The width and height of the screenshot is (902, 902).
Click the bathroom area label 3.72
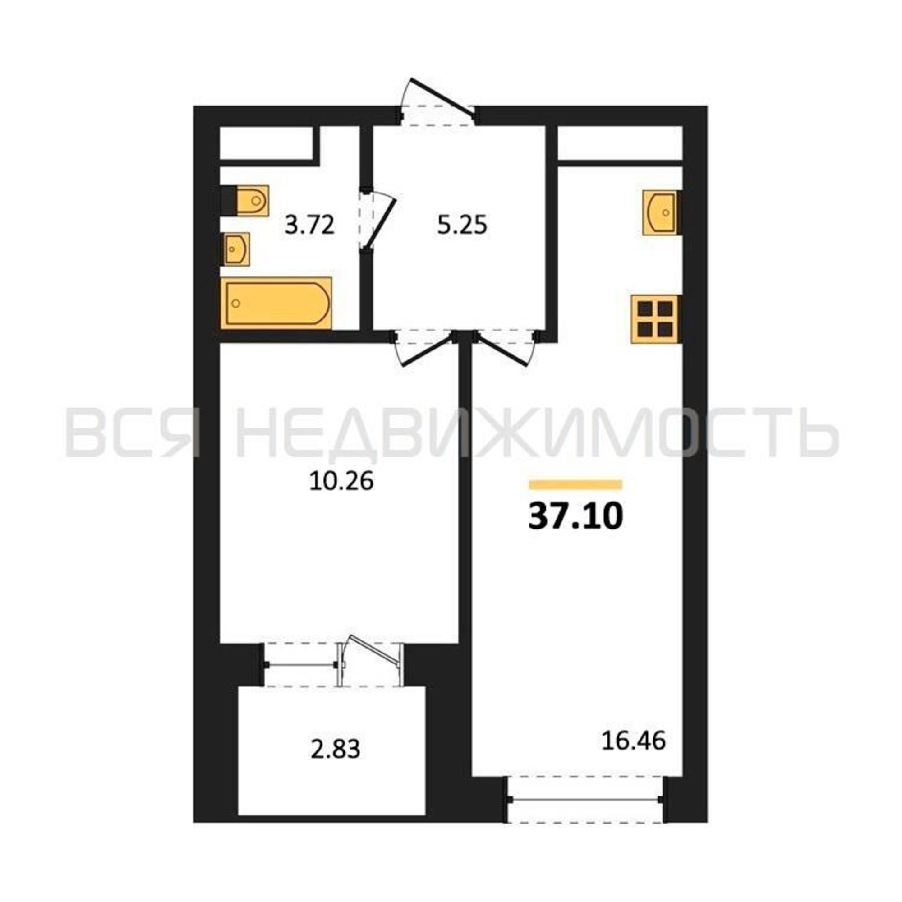tap(310, 225)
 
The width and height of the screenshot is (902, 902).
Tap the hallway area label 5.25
tap(462, 225)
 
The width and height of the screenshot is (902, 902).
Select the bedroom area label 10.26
tap(341, 481)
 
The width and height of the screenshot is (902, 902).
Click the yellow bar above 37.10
tap(575, 485)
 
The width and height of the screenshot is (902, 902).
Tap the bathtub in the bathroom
tap(276, 303)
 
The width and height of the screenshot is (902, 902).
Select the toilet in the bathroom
tap(245, 200)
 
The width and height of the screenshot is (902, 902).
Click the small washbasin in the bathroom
tap(237, 249)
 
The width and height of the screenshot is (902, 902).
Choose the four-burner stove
tap(655, 319)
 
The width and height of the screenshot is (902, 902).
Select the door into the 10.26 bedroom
tap(423, 347)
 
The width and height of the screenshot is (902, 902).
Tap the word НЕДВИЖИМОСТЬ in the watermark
tap(537, 433)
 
